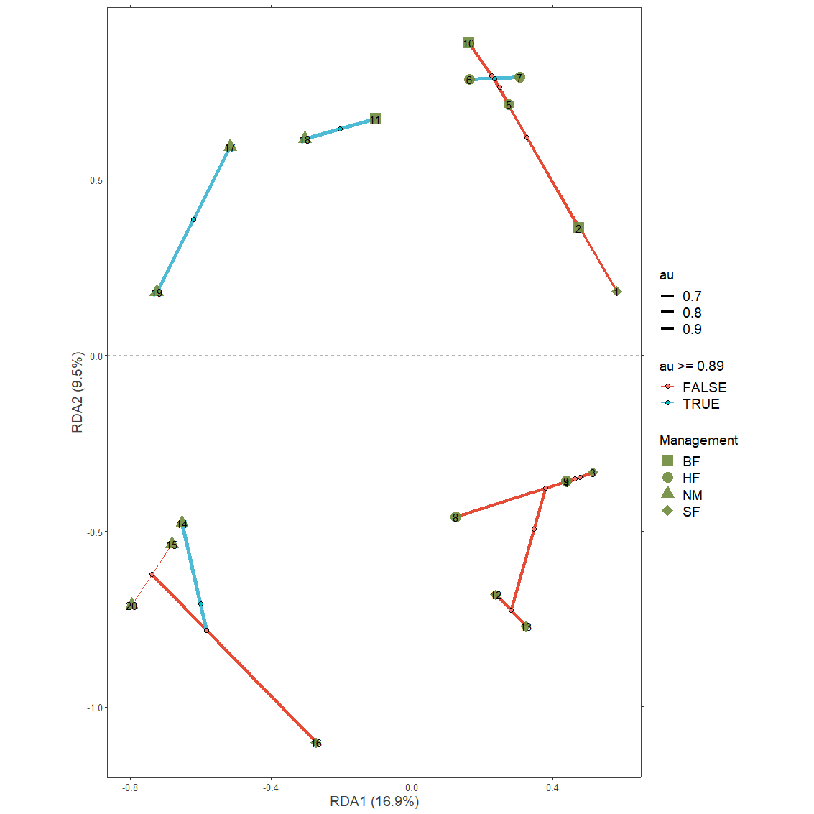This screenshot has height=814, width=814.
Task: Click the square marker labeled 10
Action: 468,43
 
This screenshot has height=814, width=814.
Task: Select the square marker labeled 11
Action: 375,119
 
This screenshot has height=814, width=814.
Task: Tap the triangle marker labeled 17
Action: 230,146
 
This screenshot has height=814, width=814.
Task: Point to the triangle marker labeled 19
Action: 157,291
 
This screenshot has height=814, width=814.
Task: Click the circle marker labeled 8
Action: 455,517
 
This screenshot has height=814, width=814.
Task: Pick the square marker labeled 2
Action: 578,228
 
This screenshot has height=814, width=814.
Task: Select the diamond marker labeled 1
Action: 616,292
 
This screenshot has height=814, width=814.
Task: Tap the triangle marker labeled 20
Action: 131,605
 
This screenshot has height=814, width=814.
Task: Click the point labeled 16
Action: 316,743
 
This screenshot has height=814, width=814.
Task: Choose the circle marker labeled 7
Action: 519,78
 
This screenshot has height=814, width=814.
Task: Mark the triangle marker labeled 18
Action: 305,138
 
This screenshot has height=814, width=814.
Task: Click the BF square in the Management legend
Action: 667,461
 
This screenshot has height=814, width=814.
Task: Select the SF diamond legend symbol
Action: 667,512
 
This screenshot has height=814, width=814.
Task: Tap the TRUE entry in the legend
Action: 700,404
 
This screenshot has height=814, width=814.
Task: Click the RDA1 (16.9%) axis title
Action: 374,801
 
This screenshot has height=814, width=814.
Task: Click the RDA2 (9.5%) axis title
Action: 78,392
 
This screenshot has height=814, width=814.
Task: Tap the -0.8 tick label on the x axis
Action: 130,788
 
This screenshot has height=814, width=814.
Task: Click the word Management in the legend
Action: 698,440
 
